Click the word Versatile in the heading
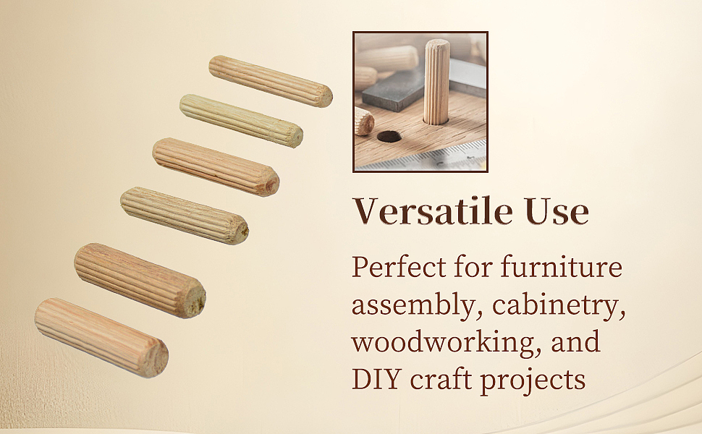tap(433, 210)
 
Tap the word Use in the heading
tap(557, 211)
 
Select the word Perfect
tap(399, 267)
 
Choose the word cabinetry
tap(558, 305)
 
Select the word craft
tap(441, 379)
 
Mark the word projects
tap(533, 380)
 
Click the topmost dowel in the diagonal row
tap(271, 81)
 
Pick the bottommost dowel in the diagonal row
tap(101, 338)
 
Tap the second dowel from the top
tap(241, 120)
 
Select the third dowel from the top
tap(216, 166)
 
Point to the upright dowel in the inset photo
tap(436, 82)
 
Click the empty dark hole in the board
tap(389, 137)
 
